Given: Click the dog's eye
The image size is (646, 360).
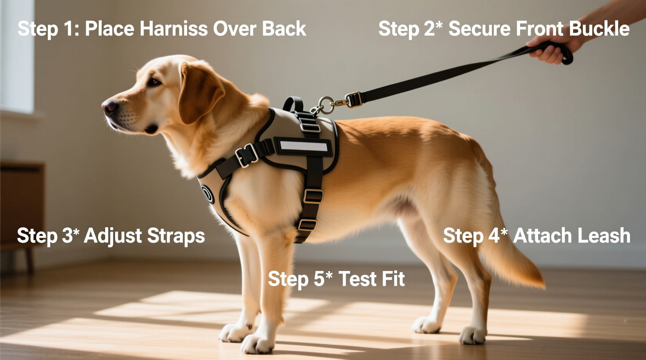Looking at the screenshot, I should (155, 82).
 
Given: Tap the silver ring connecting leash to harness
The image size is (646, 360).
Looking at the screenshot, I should (326, 105).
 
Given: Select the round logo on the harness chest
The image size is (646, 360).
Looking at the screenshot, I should (207, 194).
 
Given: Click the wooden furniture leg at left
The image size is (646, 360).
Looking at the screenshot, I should (29, 260).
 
